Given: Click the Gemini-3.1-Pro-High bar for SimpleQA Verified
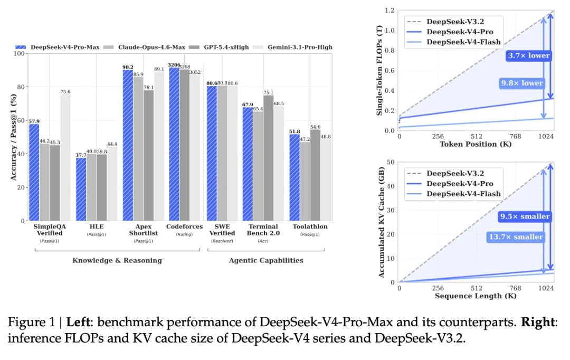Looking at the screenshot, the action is [x=65, y=157].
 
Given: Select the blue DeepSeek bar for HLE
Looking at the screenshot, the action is [x=81, y=189].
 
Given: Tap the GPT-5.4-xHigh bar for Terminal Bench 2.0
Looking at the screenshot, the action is [x=268, y=158].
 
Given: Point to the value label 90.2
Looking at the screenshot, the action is [x=128, y=67].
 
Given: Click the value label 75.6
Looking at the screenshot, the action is [x=65, y=92].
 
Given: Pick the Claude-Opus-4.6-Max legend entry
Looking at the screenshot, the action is [x=144, y=48].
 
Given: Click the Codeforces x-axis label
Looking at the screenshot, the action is [x=184, y=226].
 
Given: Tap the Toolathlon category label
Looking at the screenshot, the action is [x=310, y=226].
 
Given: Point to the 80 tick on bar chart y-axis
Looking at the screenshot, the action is [x=21, y=87].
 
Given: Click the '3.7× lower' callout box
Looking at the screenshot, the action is [x=529, y=55].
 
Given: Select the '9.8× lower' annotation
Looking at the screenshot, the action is [x=522, y=83].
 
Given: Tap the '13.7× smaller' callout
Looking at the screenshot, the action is [x=516, y=237].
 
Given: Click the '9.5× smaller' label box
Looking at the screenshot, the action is [x=525, y=217].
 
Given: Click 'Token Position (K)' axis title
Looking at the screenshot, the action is [x=476, y=144].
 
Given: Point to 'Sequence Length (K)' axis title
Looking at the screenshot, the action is [x=476, y=296].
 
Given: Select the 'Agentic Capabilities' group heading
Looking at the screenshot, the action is [x=266, y=260].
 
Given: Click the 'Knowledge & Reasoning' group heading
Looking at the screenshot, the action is [x=117, y=260].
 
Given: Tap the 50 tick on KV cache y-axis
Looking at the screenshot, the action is [x=391, y=162].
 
